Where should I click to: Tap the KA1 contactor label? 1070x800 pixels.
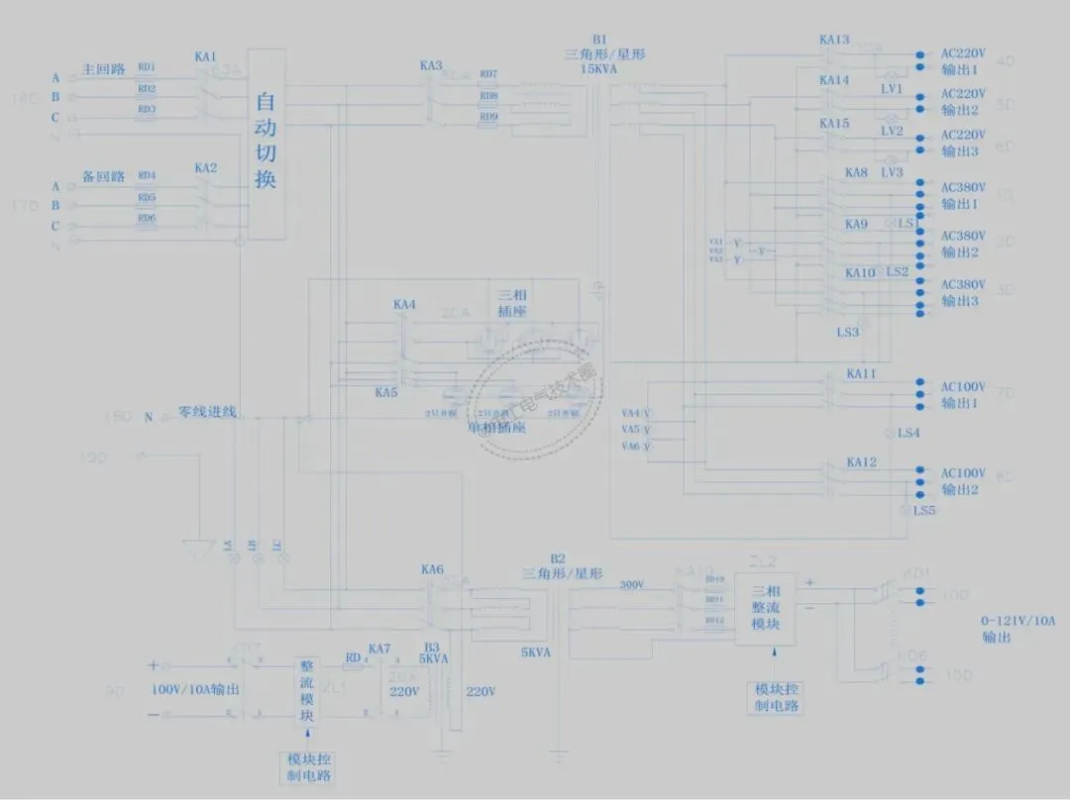click(205, 57)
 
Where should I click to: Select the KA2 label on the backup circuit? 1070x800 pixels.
click(205, 168)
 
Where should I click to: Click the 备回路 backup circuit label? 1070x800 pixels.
click(103, 176)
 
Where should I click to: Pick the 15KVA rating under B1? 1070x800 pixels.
click(600, 70)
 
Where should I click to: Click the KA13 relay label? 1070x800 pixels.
click(834, 41)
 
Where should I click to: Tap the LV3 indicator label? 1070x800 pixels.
click(892, 172)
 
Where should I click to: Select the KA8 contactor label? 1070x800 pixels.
click(856, 173)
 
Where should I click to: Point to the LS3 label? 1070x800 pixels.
click(848, 333)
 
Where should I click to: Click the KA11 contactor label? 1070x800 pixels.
click(861, 374)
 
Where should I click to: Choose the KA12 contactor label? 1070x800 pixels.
click(861, 463)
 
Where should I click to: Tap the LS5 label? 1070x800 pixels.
click(923, 511)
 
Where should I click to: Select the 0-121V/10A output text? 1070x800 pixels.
click(1018, 621)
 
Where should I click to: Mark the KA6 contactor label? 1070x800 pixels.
click(432, 569)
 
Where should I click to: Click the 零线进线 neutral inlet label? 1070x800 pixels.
click(207, 412)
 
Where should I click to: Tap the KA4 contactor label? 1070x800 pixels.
click(404, 305)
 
